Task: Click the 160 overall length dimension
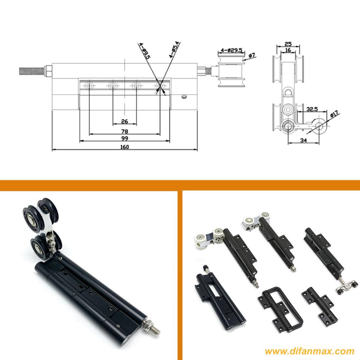pyautogui.click(x=125, y=147)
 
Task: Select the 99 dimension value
pyautogui.click(x=125, y=138)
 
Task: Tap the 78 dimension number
pyautogui.click(x=125, y=131)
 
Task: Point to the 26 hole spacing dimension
pyautogui.click(x=125, y=121)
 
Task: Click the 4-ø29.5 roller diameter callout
pyautogui.click(x=231, y=50)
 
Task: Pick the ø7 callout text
pyautogui.click(x=252, y=55)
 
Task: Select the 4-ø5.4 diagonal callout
pyautogui.click(x=175, y=50)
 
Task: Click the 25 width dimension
pyautogui.click(x=288, y=43)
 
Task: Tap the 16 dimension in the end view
pyautogui.click(x=288, y=50)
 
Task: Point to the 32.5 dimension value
pyautogui.click(x=312, y=109)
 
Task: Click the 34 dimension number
pyautogui.click(x=303, y=140)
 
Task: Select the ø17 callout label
pyautogui.click(x=334, y=114)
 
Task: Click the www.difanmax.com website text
pyautogui.click(x=310, y=351)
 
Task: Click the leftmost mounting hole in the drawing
pyautogui.click(x=89, y=86)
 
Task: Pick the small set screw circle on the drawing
pyautogui.click(x=184, y=97)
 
